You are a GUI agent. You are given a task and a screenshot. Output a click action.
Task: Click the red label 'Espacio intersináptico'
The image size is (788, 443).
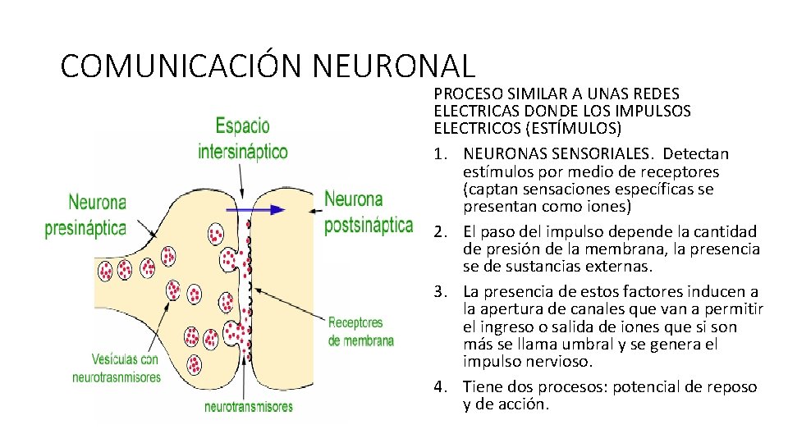click(x=242, y=139)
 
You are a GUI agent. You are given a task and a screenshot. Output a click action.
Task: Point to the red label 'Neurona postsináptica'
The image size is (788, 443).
click(x=368, y=212)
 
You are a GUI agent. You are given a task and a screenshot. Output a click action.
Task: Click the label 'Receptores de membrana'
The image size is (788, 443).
click(x=360, y=331)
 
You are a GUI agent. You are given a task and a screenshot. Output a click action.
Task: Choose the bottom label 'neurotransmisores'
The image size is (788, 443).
click(x=248, y=406)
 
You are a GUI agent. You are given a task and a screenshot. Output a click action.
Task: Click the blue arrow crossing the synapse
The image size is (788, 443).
click(x=255, y=210)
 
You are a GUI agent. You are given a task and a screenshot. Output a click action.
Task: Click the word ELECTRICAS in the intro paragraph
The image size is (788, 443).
click(x=471, y=112)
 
